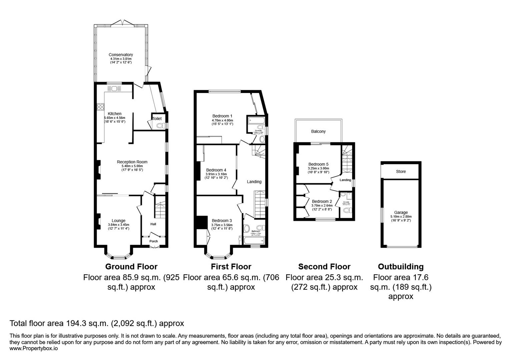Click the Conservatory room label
tap(120, 55)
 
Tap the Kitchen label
tap(114, 114)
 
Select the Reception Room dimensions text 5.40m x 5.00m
tap(132, 166)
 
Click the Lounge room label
tap(118, 220)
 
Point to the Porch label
tap(153, 241)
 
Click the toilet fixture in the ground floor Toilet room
tap(160, 126)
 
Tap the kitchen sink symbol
tap(114, 89)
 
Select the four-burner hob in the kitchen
tap(100, 107)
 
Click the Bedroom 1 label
tap(222, 116)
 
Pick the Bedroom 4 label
tap(216, 170)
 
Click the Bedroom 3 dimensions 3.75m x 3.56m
tap(222, 225)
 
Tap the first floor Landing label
tap(254, 182)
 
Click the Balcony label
tap(318, 131)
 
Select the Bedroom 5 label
tap(318, 164)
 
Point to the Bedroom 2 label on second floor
tap(322, 201)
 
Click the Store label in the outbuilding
tap(401, 171)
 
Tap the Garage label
tap(401, 212)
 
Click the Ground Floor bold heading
tap(131, 267)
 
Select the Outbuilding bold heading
tap(401, 267)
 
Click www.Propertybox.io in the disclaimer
tap(34, 348)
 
